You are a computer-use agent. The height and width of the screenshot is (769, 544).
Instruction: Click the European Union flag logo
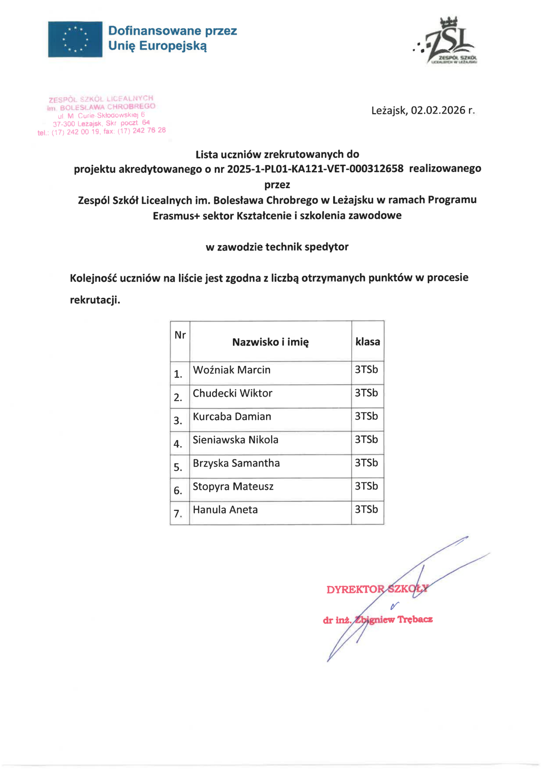pyautogui.click(x=75, y=39)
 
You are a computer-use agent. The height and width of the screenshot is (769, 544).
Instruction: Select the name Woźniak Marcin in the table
pyautogui.click(x=231, y=370)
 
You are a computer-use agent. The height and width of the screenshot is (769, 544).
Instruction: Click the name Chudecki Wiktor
pyautogui.click(x=233, y=393)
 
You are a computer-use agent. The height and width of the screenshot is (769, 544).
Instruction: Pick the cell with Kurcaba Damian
pyautogui.click(x=232, y=416)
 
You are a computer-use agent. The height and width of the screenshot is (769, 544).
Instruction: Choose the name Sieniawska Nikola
pyautogui.click(x=236, y=440)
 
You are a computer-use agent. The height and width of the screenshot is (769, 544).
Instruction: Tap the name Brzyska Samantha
pyautogui.click(x=236, y=463)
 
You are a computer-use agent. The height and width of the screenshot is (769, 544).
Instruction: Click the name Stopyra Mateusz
pyautogui.click(x=233, y=486)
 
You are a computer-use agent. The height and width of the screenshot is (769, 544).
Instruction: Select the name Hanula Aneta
pyautogui.click(x=225, y=510)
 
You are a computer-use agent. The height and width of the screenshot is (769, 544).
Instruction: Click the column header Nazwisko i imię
pyautogui.click(x=270, y=342)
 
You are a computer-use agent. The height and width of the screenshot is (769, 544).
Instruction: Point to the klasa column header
pyautogui.click(x=367, y=342)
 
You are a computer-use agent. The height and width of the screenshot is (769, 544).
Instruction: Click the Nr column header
pyautogui.click(x=180, y=335)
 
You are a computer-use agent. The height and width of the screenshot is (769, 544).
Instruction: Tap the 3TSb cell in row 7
pyautogui.click(x=366, y=509)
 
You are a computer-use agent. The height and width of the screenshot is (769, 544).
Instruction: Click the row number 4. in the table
pyautogui.click(x=178, y=444)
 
